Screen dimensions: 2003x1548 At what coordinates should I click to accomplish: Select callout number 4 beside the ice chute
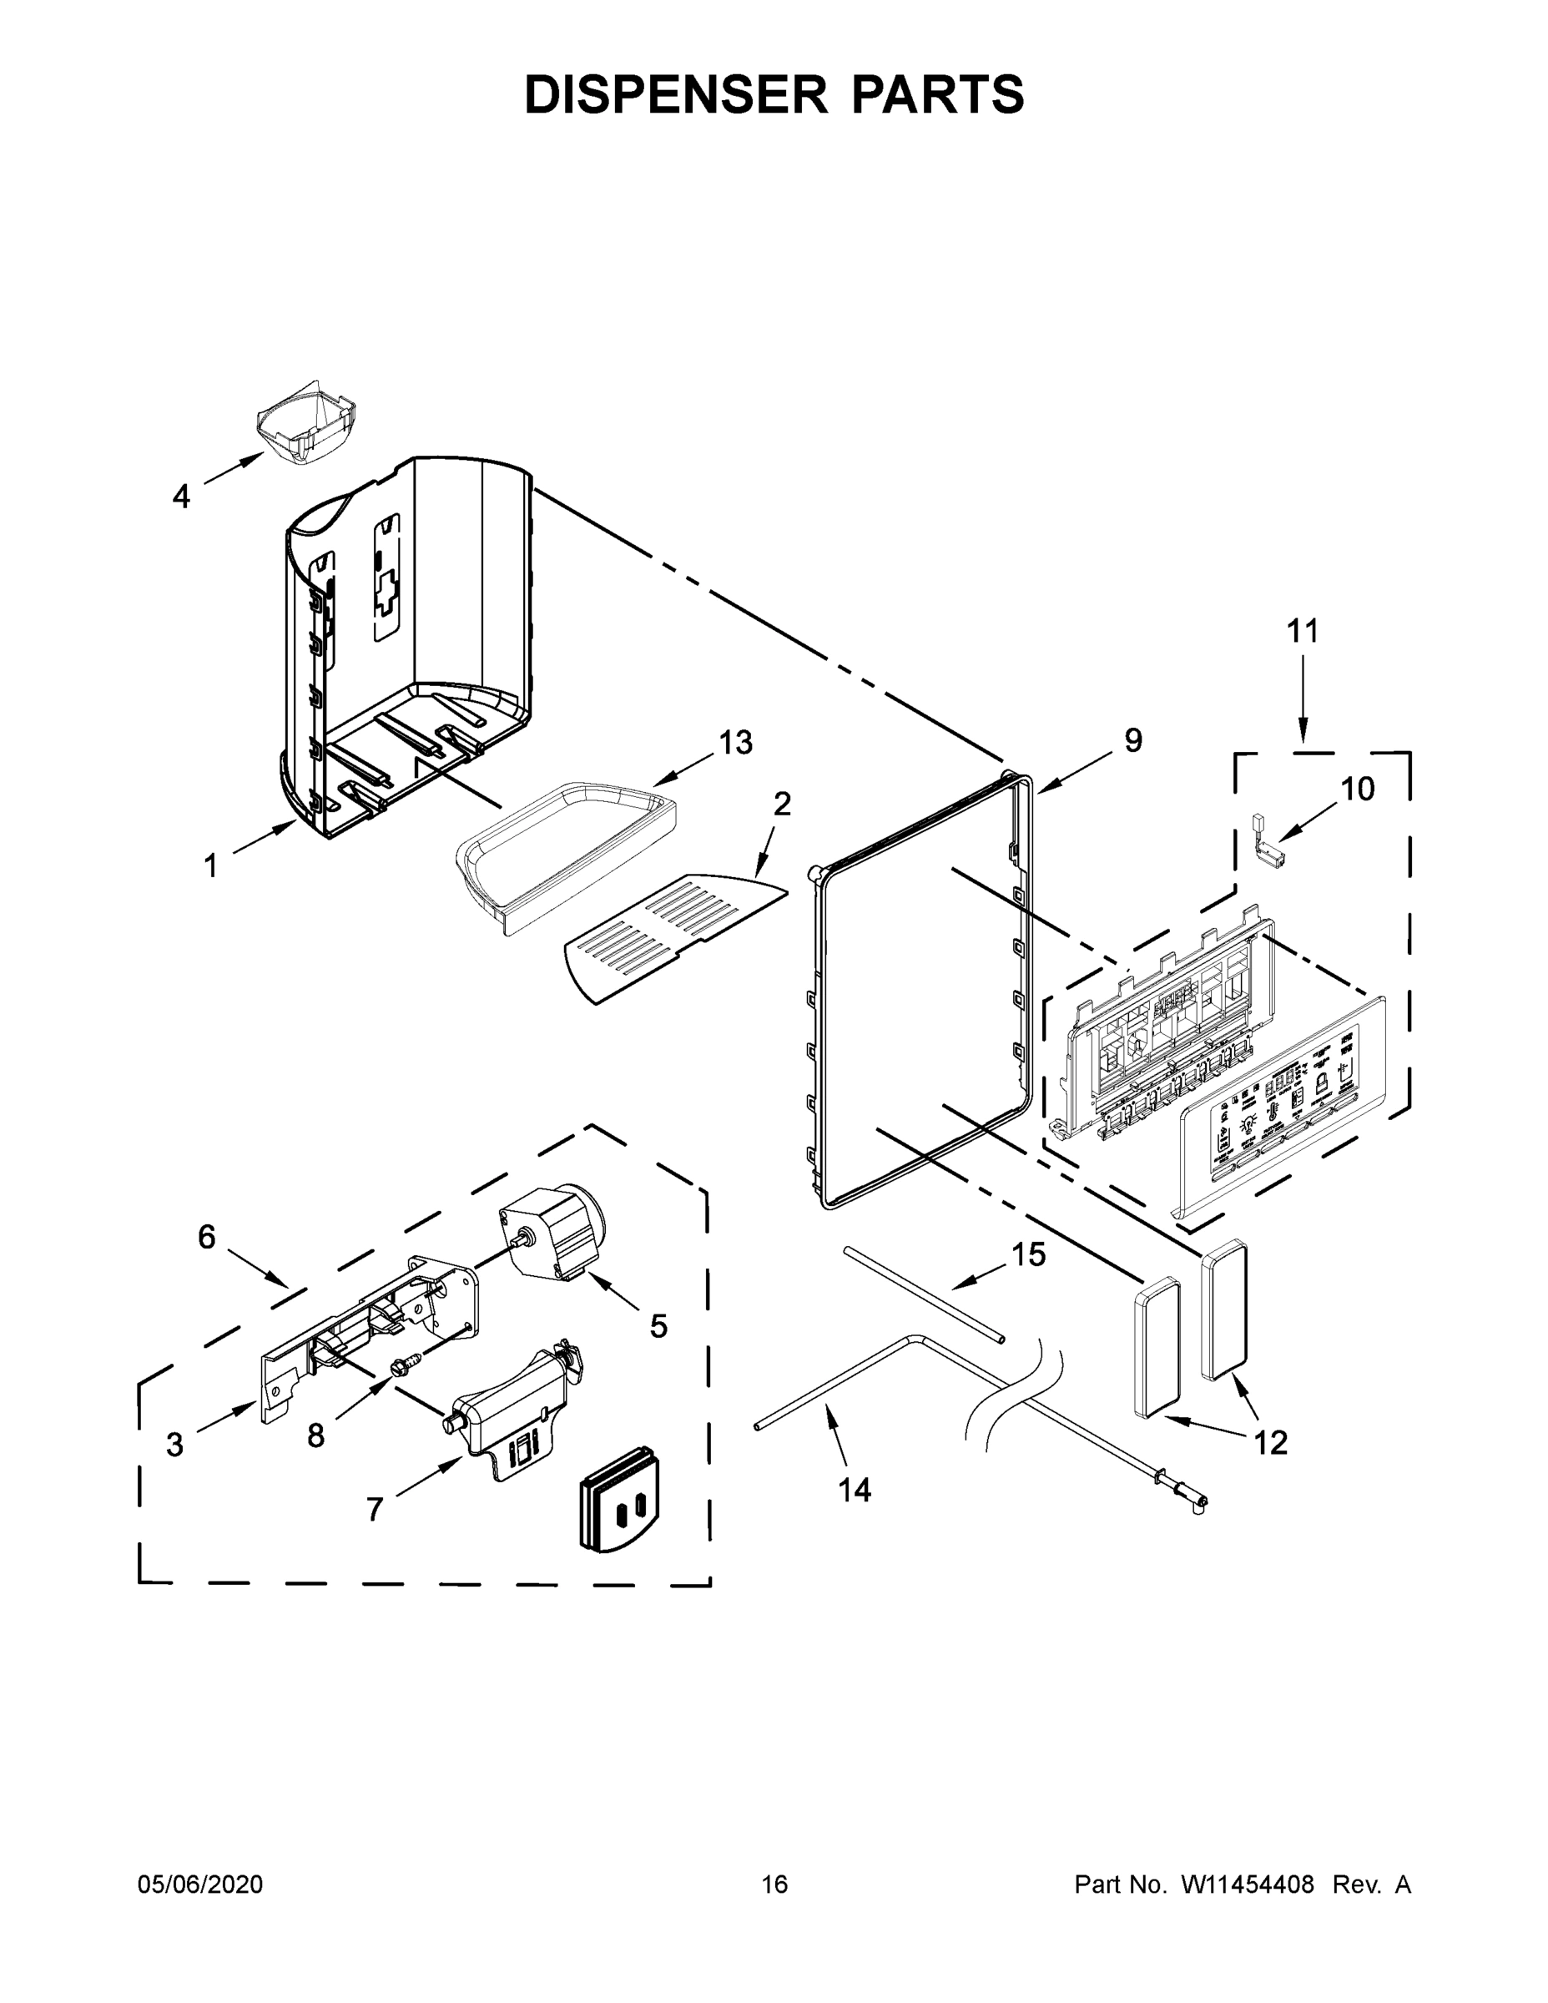point(182,497)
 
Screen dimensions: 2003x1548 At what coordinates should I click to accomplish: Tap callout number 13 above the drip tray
point(734,742)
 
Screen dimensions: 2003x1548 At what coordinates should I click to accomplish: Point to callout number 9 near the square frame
point(1133,740)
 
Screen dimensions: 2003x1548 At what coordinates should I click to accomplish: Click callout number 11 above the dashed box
point(1302,631)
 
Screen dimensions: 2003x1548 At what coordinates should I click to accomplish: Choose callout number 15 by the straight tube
point(1028,1254)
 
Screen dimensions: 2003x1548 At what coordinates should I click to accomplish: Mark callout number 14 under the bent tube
point(855,1491)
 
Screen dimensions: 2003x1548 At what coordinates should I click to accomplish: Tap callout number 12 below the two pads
point(1270,1443)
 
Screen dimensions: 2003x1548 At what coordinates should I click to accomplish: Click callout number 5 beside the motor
point(658,1325)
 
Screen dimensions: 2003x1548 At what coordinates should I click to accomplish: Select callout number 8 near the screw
point(315,1436)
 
